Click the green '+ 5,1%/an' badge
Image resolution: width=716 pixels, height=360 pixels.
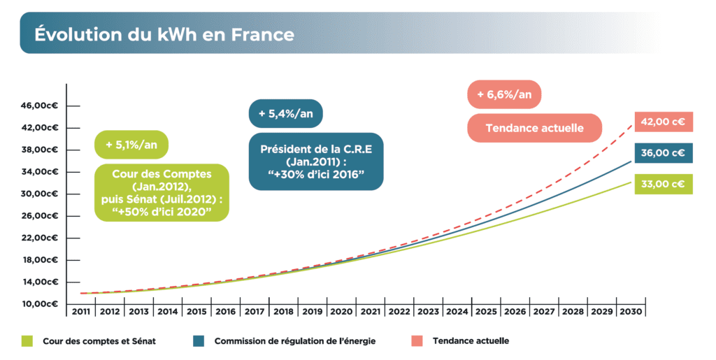131,145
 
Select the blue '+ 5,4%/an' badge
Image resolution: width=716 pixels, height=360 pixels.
285,113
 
